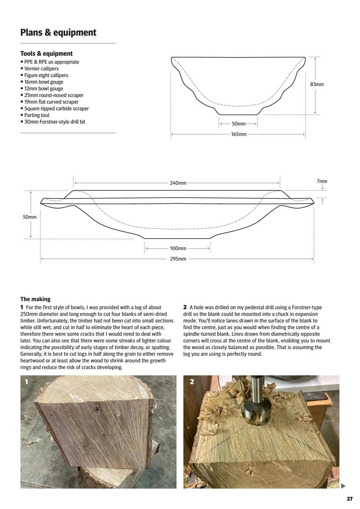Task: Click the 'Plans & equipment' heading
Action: tap(58, 33)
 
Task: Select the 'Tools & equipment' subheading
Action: tap(46, 53)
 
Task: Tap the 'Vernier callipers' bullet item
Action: tap(41, 68)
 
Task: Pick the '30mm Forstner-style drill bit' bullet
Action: tap(54, 122)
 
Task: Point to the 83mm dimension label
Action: tap(317, 84)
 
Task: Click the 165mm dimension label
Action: tap(238, 134)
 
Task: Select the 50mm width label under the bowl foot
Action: tap(238, 124)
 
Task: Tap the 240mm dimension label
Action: tap(178, 183)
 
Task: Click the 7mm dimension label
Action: tap(322, 181)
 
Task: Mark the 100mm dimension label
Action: tap(178, 249)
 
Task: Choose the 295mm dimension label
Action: tap(178, 259)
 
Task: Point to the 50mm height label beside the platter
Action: tap(30, 217)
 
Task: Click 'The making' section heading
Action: tap(35, 299)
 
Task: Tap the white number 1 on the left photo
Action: tap(27, 382)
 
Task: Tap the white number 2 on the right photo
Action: tap(192, 382)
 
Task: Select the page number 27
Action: tap(349, 499)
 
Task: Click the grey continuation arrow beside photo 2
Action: tap(343, 486)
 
